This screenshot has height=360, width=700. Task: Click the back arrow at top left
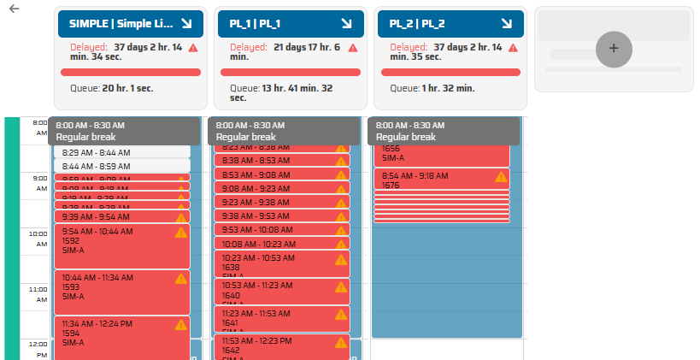(x=14, y=9)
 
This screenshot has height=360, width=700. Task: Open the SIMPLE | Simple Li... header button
(x=125, y=24)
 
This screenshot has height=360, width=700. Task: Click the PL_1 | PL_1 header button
(x=285, y=24)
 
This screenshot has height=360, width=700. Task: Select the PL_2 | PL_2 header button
(x=444, y=24)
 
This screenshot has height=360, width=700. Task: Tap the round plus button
(x=613, y=49)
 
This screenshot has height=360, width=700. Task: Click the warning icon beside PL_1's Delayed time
(x=352, y=48)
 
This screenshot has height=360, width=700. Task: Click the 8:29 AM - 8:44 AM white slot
(x=121, y=152)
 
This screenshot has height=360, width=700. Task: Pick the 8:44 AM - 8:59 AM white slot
(x=121, y=166)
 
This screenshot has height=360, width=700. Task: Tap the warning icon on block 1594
(x=180, y=325)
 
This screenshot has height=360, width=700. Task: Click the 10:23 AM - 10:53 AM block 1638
(x=274, y=263)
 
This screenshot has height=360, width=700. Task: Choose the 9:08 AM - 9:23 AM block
(x=274, y=188)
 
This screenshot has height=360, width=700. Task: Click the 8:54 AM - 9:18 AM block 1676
(x=432, y=180)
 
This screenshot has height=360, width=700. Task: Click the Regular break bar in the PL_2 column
(x=444, y=130)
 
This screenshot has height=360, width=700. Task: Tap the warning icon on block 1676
(x=502, y=177)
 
